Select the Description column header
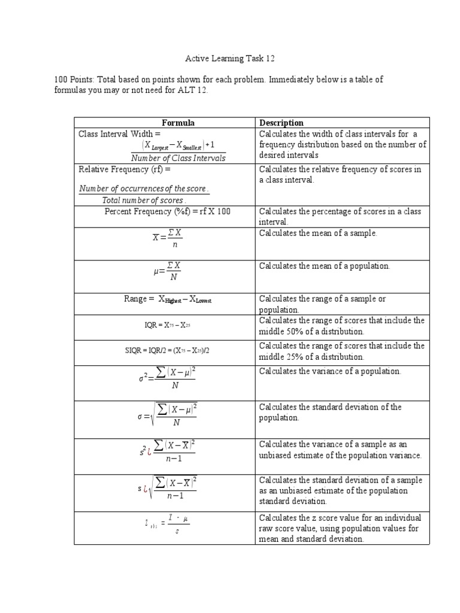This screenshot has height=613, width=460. pos(281,123)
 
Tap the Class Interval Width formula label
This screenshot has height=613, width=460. pos(120,134)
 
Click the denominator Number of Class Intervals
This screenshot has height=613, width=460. pos(178,158)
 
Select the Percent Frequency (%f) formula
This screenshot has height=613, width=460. pos(167,211)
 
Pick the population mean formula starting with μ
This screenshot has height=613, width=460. pos(167,271)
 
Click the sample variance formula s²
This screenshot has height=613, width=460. pos(167,452)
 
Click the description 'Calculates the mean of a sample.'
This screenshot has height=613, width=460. pos(318,233)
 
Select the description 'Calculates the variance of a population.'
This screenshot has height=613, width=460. pos(330,371)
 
